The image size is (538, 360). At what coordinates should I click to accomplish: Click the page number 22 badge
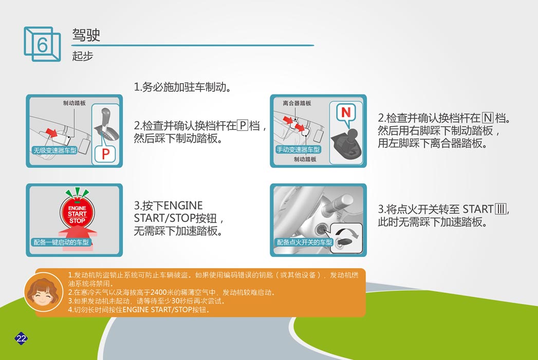pyautogui.click(x=21, y=338)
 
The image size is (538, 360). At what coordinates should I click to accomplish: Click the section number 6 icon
pyautogui.click(x=42, y=44)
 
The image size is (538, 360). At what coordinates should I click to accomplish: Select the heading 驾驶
pyautogui.click(x=86, y=34)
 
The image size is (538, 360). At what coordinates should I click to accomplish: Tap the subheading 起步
pyautogui.click(x=82, y=56)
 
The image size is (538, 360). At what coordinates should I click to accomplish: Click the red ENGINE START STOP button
pyautogui.click(x=77, y=213)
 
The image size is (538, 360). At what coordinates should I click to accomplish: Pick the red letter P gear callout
pyautogui.click(x=106, y=154)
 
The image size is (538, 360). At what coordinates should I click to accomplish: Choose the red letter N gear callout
pyautogui.click(x=346, y=112)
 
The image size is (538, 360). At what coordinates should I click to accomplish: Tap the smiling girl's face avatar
pyautogui.click(x=43, y=292)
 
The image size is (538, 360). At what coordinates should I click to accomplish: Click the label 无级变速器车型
pyautogui.click(x=55, y=150)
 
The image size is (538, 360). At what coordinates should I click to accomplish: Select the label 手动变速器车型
pyautogui.click(x=298, y=149)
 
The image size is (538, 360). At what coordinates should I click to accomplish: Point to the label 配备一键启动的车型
pyautogui.click(x=61, y=242)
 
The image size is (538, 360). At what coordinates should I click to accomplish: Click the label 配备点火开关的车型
pyautogui.click(x=305, y=242)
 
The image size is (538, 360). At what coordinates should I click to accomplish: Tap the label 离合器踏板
pyautogui.click(x=297, y=103)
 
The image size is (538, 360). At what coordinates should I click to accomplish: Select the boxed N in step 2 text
pyautogui.click(x=488, y=118)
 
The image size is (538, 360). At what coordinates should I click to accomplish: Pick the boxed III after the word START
pyautogui.click(x=501, y=209)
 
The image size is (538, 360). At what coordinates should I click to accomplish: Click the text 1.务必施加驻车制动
pyautogui.click(x=182, y=87)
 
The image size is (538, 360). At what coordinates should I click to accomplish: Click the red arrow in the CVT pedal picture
pyautogui.click(x=51, y=132)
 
